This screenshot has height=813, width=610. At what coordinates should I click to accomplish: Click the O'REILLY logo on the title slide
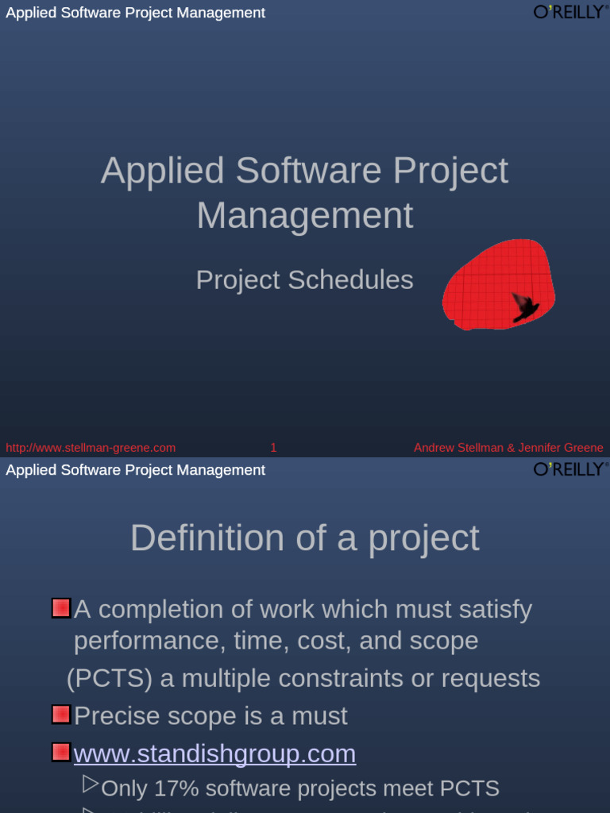(x=569, y=11)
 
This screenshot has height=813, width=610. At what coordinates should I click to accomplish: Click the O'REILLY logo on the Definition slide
(x=569, y=468)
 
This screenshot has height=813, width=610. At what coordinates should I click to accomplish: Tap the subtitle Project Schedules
(x=304, y=280)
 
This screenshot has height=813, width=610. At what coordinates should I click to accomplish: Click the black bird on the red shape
(x=524, y=306)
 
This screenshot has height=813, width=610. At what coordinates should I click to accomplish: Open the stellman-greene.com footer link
(x=91, y=448)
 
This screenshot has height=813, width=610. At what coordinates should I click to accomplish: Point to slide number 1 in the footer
(x=273, y=448)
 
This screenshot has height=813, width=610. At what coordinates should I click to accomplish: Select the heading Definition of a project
(x=304, y=538)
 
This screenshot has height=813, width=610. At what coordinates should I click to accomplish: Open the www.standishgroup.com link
(x=214, y=753)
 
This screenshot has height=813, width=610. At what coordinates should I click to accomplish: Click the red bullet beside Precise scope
(x=61, y=715)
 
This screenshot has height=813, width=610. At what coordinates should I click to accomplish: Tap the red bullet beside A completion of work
(x=61, y=608)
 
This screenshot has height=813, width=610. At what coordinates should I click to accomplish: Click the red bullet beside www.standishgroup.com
(x=61, y=752)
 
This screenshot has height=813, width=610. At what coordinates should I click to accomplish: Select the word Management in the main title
(x=304, y=216)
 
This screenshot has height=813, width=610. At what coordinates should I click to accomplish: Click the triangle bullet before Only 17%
(x=91, y=785)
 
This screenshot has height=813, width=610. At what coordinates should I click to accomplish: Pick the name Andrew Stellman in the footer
(x=458, y=448)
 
